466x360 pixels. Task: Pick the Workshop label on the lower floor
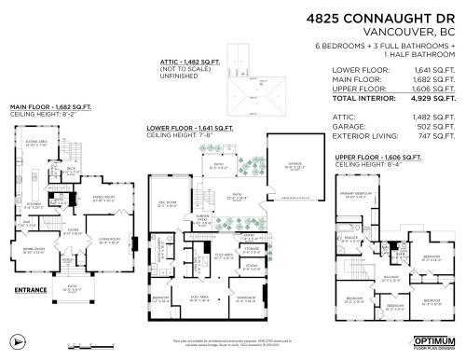pos(245,298)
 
